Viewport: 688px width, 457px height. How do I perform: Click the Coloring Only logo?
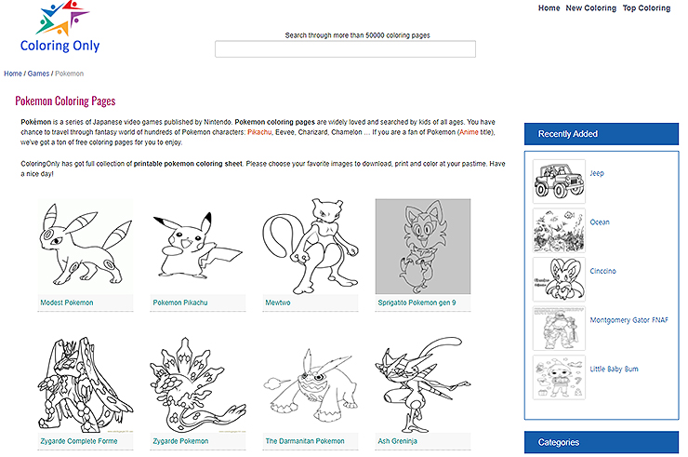(x=60, y=27)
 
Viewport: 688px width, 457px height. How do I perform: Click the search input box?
(x=345, y=48)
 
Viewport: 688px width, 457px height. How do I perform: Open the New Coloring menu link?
(x=590, y=7)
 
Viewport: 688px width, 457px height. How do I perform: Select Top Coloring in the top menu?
(x=646, y=7)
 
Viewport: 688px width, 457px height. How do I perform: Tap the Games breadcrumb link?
(x=38, y=74)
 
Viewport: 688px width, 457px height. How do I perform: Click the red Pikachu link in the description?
(x=259, y=132)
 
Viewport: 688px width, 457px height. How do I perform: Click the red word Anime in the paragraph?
(x=469, y=132)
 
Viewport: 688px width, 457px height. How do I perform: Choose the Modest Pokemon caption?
(x=67, y=302)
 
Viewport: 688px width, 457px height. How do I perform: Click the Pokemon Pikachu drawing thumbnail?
(x=197, y=246)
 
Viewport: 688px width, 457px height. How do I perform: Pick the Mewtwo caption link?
(x=278, y=302)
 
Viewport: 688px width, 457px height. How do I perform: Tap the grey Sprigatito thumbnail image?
(x=423, y=246)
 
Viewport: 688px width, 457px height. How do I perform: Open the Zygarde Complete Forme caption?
(x=79, y=441)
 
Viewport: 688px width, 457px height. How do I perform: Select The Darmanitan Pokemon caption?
(x=305, y=441)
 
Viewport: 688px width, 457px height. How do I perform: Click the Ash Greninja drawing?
(x=423, y=384)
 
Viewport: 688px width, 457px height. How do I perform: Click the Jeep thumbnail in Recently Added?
(x=559, y=181)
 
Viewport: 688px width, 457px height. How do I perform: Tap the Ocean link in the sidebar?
(x=600, y=222)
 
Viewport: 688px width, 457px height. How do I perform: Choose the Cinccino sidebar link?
(x=602, y=271)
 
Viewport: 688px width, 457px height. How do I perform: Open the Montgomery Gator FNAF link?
(x=628, y=320)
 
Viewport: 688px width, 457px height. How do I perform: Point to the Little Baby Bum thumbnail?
(x=559, y=378)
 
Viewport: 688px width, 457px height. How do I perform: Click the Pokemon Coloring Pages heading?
(x=65, y=101)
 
